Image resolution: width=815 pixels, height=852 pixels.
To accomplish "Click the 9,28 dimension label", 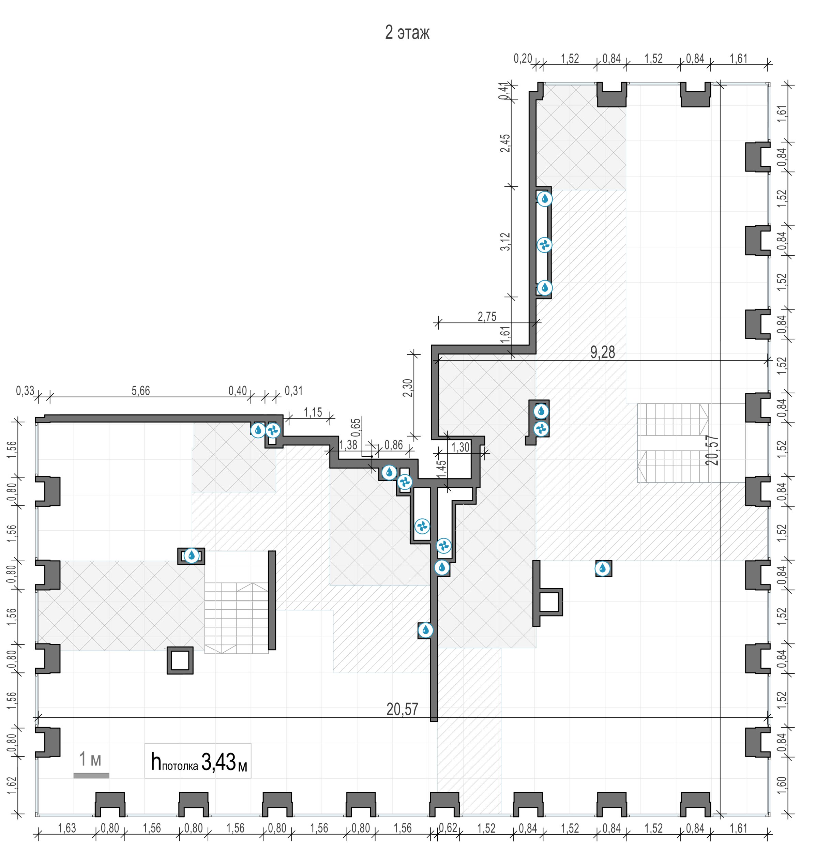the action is coord(603,352).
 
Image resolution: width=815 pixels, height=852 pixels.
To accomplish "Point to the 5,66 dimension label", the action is coord(141,391).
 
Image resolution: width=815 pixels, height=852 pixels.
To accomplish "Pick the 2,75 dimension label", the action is coord(487,317).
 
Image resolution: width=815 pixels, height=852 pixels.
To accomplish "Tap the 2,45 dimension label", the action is coord(505,143).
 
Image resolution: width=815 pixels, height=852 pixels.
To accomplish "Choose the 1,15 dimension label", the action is coord(313,412).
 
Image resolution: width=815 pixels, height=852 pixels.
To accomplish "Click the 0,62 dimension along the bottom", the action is coord(448,828).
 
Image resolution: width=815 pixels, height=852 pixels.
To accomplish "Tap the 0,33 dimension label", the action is coord(25,391).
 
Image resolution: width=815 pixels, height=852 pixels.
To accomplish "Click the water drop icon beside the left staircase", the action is coord(192,556).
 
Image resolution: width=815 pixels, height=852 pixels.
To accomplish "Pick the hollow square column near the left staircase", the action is coord(180,660).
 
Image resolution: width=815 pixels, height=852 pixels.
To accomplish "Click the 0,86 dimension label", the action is coord(394,445).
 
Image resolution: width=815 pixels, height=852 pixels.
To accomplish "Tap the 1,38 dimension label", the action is coord(348,445).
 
